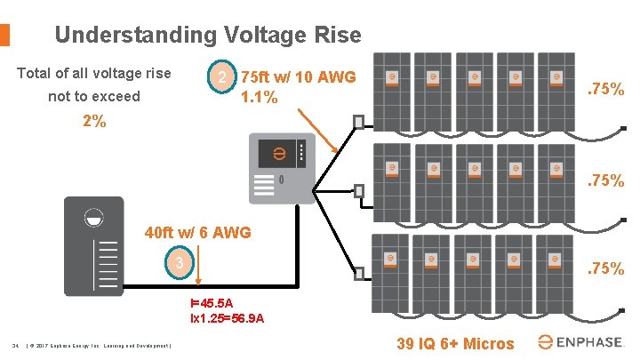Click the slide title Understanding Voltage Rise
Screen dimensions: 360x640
point(207,36)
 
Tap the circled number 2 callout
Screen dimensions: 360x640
point(221,79)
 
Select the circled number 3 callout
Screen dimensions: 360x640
point(179,263)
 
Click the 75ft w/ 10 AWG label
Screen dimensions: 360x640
point(298,78)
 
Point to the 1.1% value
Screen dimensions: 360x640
point(260,99)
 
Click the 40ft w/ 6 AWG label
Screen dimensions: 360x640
point(197,234)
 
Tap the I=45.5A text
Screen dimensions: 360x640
point(211,303)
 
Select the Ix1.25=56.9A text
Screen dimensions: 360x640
point(227,318)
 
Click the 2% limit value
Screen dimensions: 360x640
point(93,122)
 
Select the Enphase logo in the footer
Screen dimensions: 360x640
point(582,342)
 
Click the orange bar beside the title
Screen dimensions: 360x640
point(4,35)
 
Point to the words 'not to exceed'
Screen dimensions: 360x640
point(93,96)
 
